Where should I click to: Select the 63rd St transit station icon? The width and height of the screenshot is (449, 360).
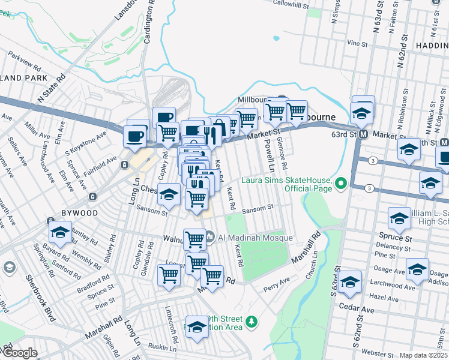[x=363, y=134]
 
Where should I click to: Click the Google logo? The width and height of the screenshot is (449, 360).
[x=19, y=353]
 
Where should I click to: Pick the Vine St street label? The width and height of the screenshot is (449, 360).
[x=357, y=43]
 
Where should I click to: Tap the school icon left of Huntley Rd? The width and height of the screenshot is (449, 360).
[x=60, y=231]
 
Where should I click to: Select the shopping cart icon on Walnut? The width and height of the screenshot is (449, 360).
[x=194, y=239]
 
